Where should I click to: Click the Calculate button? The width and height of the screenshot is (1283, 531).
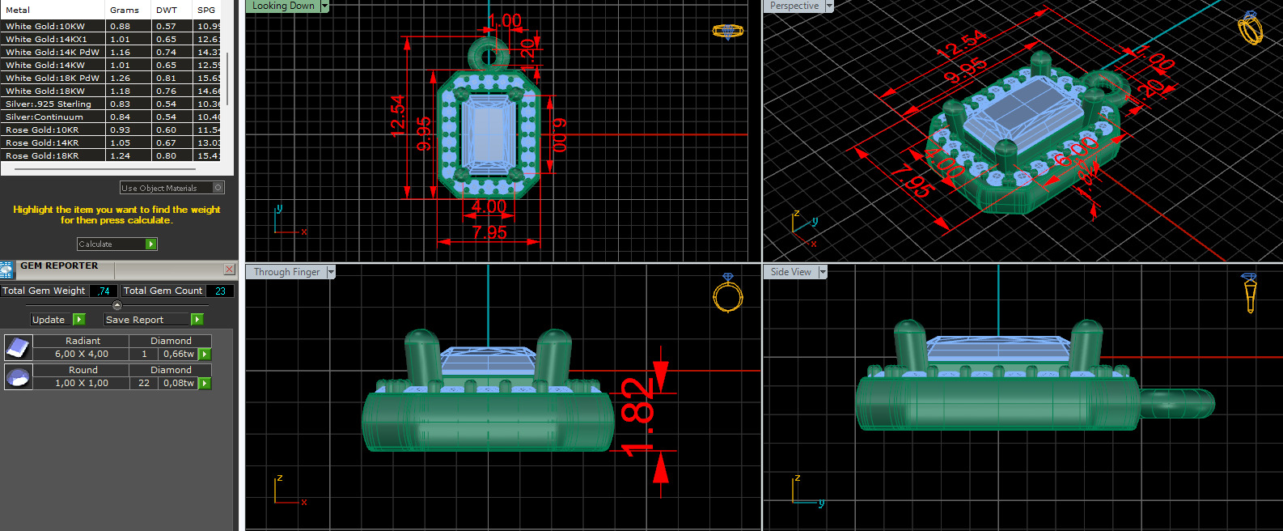coord(116,244)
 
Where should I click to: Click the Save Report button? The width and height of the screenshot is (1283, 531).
coord(153,320)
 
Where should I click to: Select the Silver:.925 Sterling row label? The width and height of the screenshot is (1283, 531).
coord(49,104)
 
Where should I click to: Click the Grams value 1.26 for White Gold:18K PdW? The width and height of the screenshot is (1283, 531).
coord(121,78)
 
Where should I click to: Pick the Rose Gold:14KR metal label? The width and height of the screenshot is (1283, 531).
coord(42,142)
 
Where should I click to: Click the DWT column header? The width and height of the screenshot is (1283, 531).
coord(166,10)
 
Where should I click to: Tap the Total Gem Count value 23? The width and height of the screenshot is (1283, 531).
coord(220,291)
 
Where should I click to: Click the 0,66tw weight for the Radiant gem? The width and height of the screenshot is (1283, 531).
coord(179,354)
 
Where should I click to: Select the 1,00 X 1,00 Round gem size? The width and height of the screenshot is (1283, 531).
coord(81,383)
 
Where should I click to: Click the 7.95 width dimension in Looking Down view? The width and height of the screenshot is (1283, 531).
coord(489,233)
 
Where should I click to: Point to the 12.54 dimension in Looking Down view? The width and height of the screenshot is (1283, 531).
coord(397,116)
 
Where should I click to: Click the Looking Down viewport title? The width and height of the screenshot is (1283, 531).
coord(283,6)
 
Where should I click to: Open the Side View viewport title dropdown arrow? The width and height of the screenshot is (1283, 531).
coord(823,272)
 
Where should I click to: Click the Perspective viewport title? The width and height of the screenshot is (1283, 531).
coord(794,6)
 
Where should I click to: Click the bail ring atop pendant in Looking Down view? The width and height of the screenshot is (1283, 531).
coord(489,54)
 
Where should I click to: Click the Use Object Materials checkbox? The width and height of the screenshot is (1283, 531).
coord(218,188)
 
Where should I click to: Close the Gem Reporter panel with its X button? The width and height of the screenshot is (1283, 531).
coord(229,269)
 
